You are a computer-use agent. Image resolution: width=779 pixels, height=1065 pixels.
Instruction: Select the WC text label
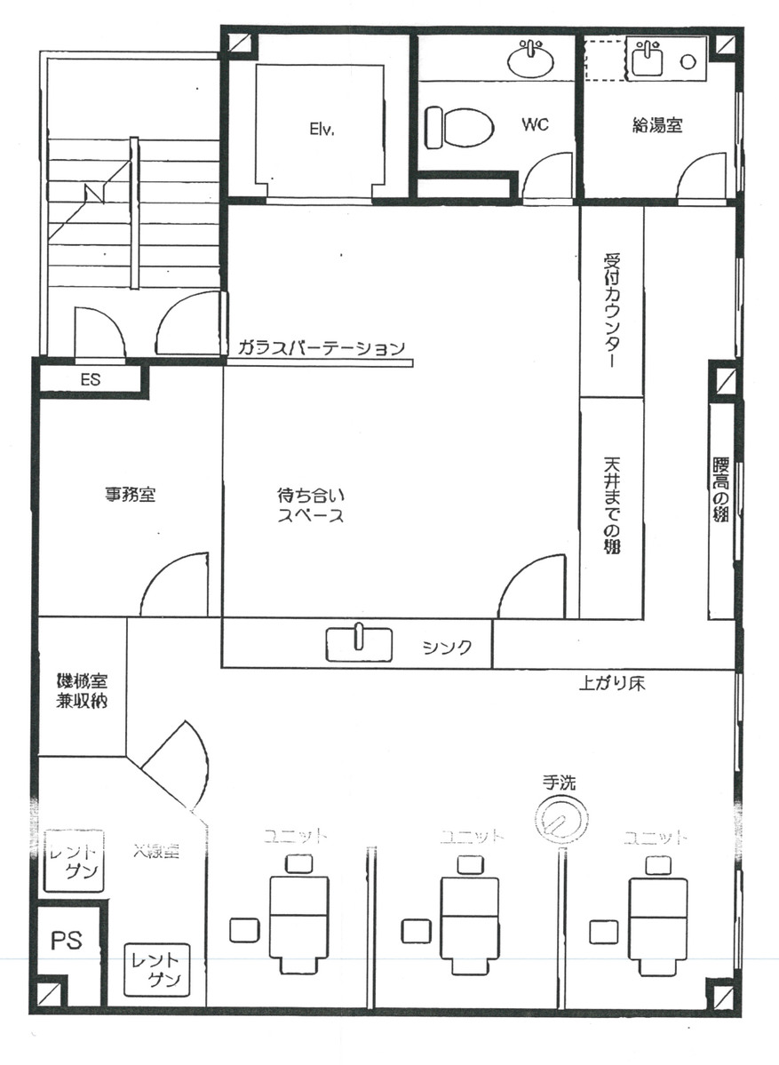[x=535, y=124]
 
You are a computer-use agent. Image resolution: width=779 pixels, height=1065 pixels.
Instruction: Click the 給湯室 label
[x=657, y=126]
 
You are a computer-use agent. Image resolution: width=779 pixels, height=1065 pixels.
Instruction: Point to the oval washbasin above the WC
[x=530, y=60]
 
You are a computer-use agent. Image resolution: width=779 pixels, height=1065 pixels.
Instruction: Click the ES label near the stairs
[x=90, y=379]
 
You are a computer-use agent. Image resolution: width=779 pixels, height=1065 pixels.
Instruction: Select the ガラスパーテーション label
[x=321, y=348]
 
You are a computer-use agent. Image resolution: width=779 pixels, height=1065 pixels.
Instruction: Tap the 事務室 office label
[x=131, y=495]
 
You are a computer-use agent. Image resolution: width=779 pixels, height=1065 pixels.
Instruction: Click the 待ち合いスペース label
[x=310, y=505]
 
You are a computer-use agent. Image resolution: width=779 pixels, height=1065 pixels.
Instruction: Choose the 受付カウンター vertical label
[x=611, y=312]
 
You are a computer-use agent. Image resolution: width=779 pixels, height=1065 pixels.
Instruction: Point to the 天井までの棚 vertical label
[x=611, y=505]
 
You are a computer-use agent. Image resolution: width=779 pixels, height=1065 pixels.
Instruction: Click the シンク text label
[x=445, y=647]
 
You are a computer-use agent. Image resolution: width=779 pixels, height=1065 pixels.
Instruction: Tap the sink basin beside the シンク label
[x=359, y=644]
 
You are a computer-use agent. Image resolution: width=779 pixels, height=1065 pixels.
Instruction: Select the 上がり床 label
[x=610, y=685]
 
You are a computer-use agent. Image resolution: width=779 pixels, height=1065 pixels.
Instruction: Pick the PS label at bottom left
[x=67, y=940]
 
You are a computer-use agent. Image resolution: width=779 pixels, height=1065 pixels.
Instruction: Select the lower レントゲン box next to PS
[x=155, y=969]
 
